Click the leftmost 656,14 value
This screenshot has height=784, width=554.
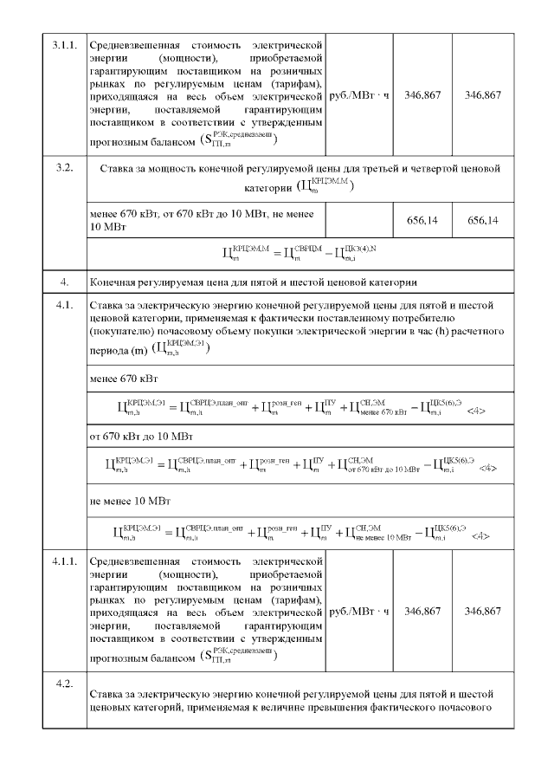click(422, 221)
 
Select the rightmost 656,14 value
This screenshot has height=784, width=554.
click(482, 221)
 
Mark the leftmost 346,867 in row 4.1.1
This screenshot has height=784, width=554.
click(422, 612)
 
